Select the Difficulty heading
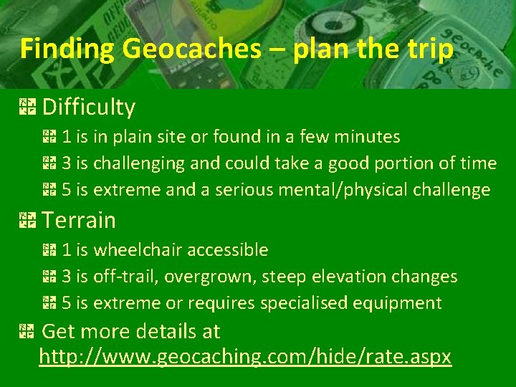tap(89, 107)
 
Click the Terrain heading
tap(79, 220)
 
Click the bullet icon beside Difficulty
tap(28, 107)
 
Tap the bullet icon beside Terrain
tap(28, 220)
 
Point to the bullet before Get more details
tap(28, 332)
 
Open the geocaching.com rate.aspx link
tap(245, 356)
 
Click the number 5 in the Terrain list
tap(66, 303)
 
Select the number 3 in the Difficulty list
tap(66, 163)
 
